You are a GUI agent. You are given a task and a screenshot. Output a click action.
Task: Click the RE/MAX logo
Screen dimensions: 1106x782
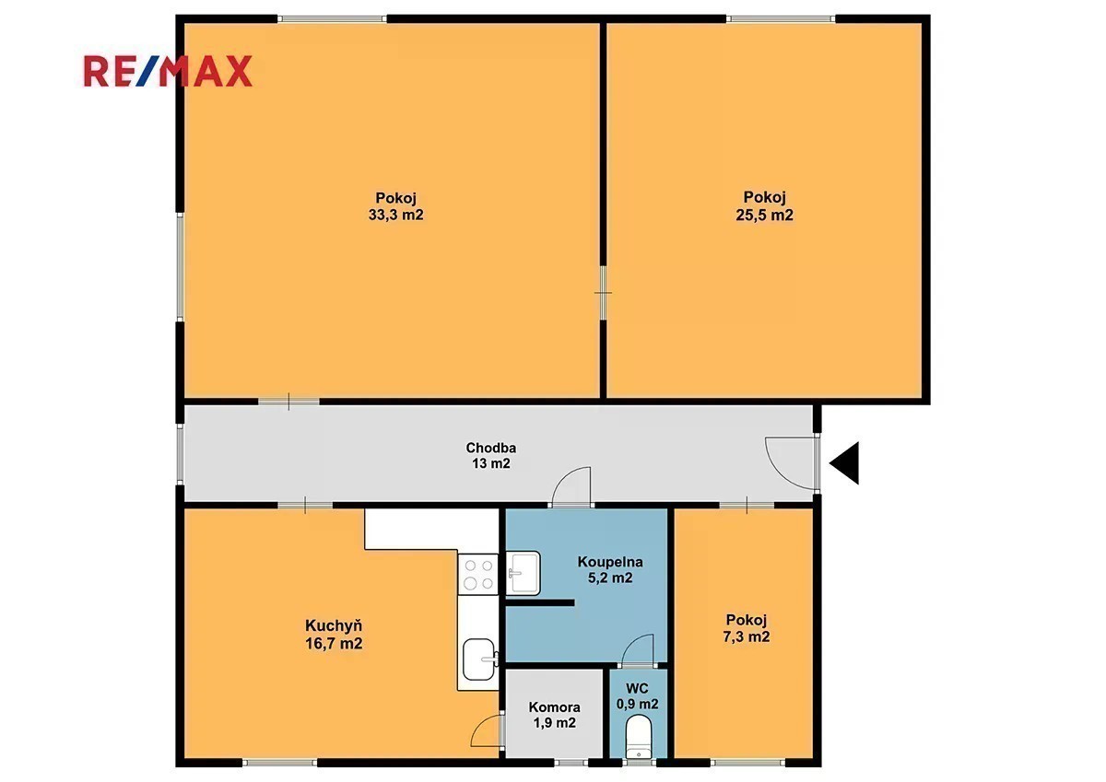pos(168,72)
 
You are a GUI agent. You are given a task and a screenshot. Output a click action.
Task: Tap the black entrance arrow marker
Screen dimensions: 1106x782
pos(844,462)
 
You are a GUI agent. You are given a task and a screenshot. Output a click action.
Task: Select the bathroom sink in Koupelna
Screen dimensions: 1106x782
pos(523,573)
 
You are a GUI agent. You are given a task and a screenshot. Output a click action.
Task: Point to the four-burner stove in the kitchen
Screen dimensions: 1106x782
pos(477,574)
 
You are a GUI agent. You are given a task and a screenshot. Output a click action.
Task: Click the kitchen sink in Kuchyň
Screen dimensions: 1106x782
pos(480,659)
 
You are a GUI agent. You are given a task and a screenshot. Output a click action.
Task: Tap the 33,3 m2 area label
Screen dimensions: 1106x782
pos(396,216)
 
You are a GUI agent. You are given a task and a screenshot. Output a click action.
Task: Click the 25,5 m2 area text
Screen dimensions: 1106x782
pos(764,216)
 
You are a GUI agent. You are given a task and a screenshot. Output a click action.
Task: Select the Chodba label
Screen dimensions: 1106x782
pos(490,448)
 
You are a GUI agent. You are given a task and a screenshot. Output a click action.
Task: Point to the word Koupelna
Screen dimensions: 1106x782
pos(610,562)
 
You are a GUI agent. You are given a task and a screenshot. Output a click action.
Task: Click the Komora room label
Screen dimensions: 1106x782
pos(555,707)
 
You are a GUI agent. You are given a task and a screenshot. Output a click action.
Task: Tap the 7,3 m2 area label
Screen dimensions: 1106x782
pos(746,637)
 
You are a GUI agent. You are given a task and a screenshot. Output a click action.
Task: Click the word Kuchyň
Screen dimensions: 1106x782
pos(334,625)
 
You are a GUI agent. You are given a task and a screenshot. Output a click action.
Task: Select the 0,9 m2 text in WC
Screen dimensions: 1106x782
pos(638,704)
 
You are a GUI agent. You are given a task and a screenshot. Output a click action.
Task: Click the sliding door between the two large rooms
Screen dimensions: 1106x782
pos(603,293)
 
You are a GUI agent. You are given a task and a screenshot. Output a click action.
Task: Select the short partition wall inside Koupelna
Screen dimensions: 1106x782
pos(540,602)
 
